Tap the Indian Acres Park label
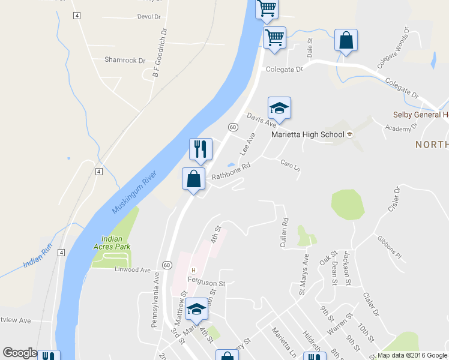click(x=116, y=242)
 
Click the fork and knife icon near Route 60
click(x=201, y=149)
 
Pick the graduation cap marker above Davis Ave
click(x=279, y=109)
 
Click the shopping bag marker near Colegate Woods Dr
click(x=346, y=41)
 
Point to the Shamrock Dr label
click(x=125, y=60)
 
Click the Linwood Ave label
click(x=132, y=270)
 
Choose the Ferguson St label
click(x=205, y=283)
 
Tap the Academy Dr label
click(x=402, y=128)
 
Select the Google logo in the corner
click(x=20, y=353)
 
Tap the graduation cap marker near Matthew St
click(x=196, y=309)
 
